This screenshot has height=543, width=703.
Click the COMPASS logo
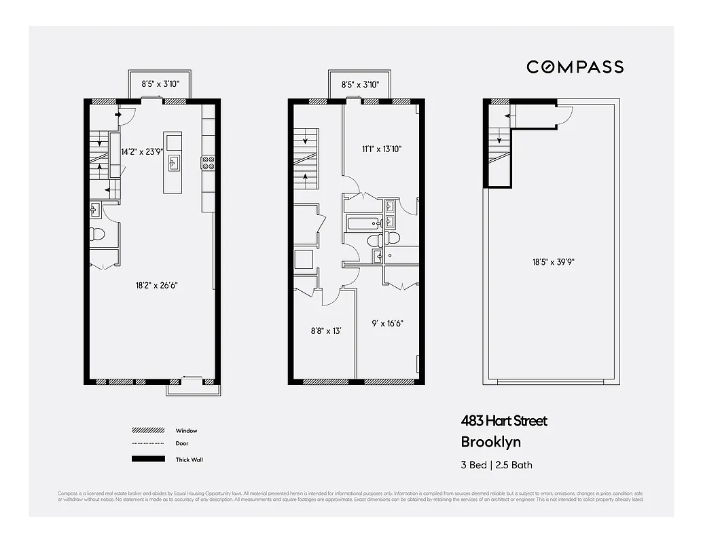(x=575, y=67)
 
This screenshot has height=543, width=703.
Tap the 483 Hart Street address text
(x=503, y=421)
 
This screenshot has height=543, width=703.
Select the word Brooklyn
(x=490, y=442)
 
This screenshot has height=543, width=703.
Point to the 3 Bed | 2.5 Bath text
(x=497, y=465)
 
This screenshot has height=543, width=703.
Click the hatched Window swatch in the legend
(x=148, y=430)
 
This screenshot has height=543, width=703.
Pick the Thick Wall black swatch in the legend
(x=148, y=460)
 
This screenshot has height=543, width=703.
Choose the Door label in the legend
(x=182, y=444)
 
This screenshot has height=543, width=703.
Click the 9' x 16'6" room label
(x=388, y=324)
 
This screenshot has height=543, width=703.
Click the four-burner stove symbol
(x=208, y=163)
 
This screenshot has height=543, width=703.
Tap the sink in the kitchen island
(x=174, y=162)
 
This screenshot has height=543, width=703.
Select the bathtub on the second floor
(x=364, y=223)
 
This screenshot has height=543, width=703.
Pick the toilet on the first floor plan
(x=97, y=235)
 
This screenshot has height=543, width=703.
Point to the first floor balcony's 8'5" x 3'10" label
(x=159, y=85)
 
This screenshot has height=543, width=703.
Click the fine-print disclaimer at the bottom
(x=350, y=496)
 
